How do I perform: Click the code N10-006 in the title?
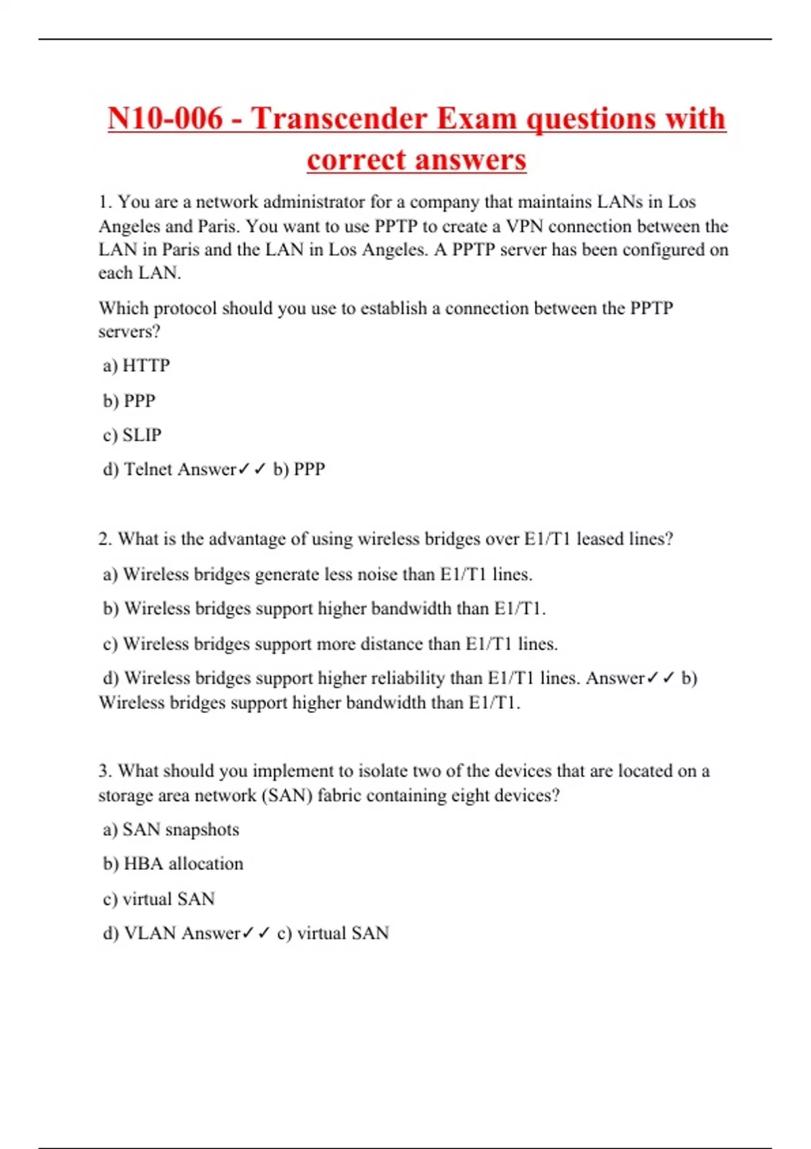[165, 119]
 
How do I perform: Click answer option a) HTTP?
[136, 366]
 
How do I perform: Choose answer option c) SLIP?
[132, 435]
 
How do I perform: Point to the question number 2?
[105, 539]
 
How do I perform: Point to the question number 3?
[105, 771]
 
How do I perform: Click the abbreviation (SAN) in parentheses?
[287, 796]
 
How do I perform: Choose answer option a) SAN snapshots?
[170, 830]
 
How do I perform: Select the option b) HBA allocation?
[173, 864]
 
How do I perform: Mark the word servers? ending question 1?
[129, 332]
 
